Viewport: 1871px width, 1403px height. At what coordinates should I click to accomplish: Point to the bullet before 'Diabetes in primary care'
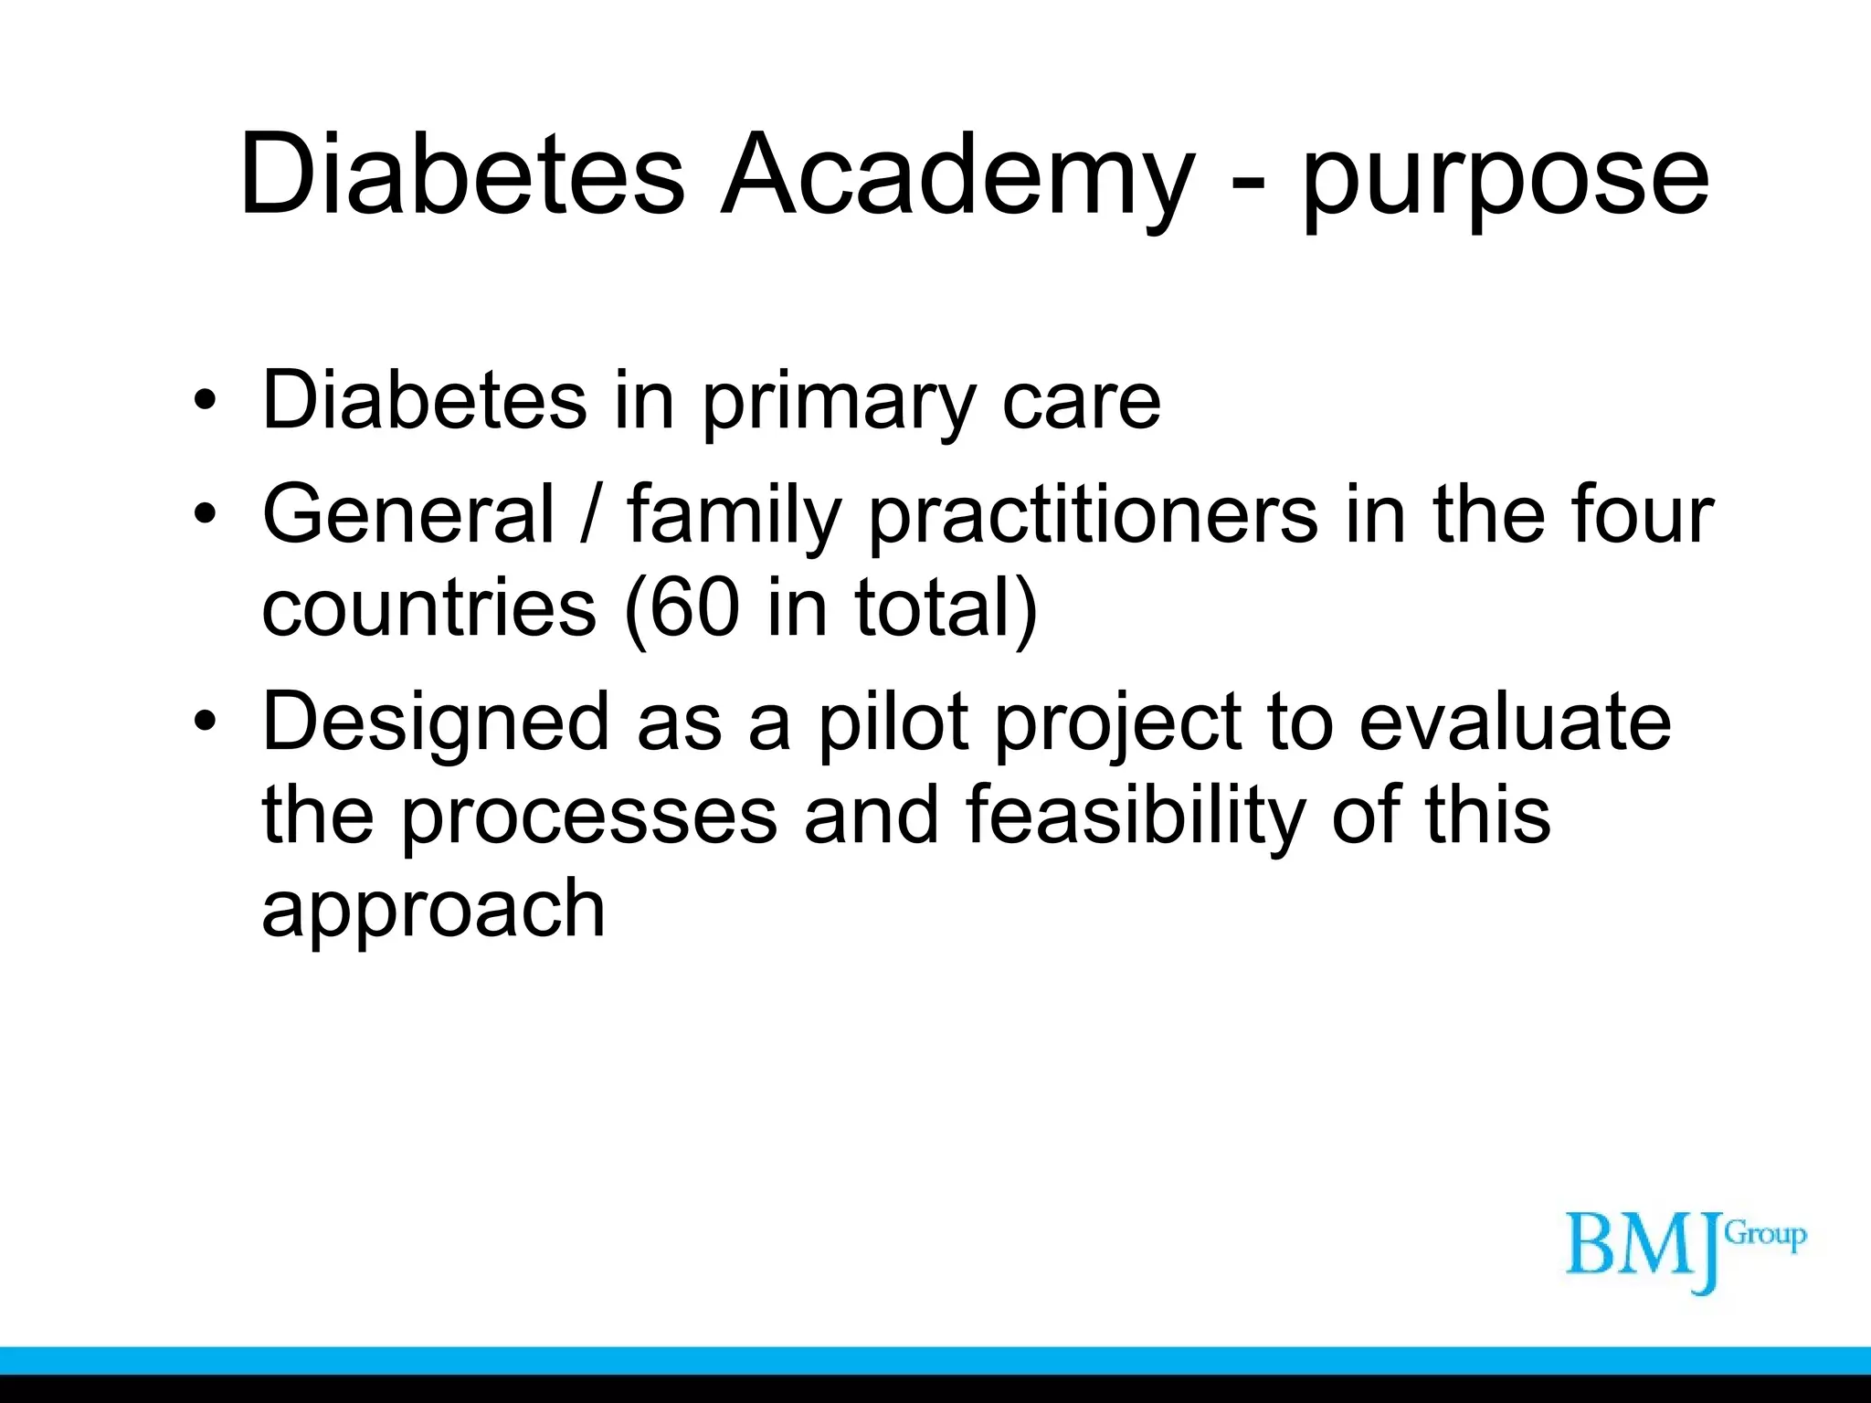206,401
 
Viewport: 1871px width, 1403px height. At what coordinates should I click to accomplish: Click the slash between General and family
591,514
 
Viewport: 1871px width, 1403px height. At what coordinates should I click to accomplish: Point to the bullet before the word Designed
206,721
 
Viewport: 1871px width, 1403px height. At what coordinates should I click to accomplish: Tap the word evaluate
1515,722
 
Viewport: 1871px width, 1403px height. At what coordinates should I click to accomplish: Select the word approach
433,911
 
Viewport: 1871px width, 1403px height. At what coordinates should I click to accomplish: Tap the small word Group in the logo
1765,1235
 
